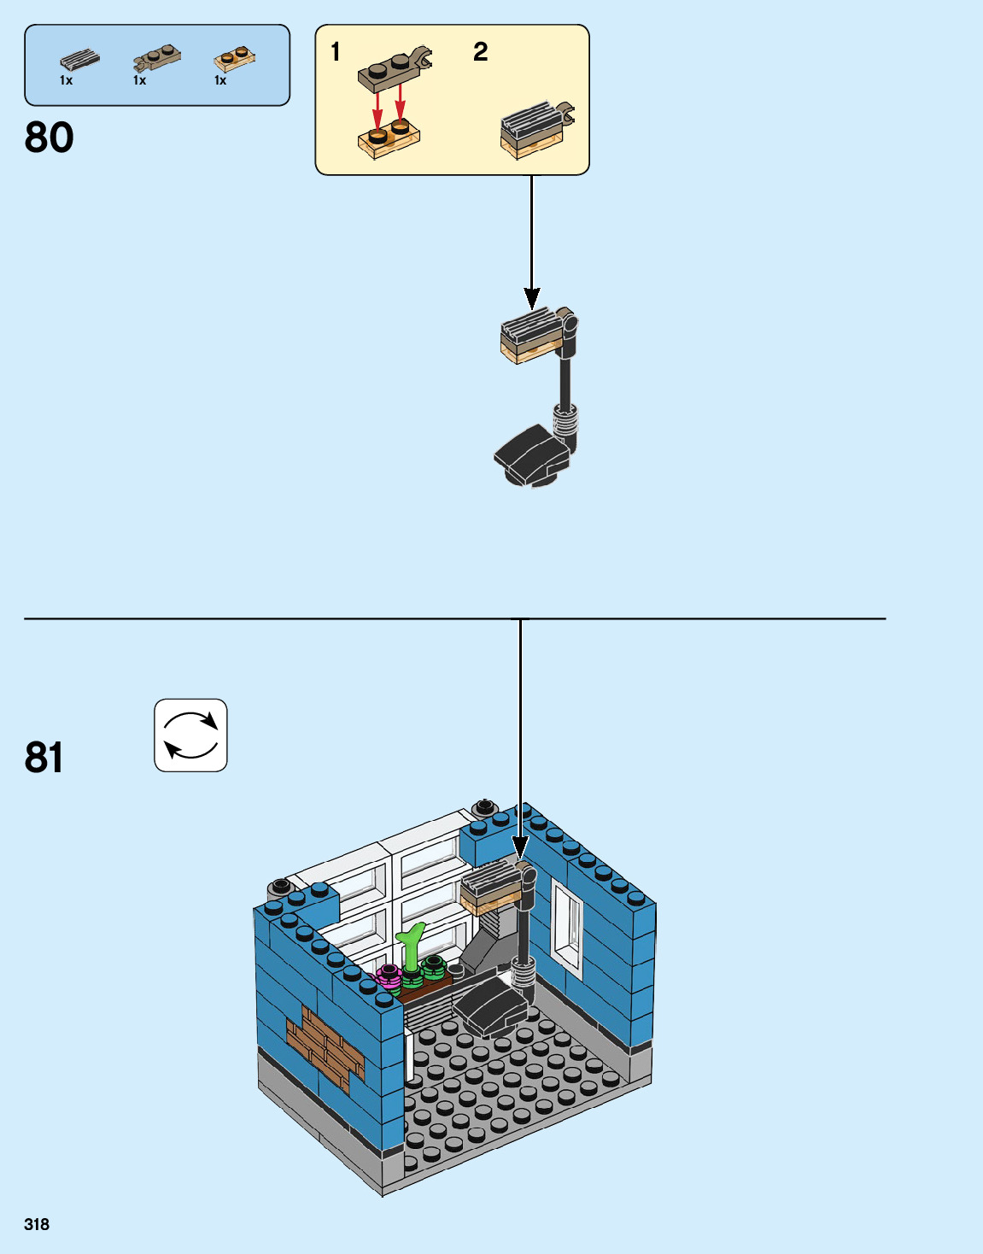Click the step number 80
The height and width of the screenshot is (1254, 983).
(x=50, y=138)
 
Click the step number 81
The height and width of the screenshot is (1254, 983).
(x=44, y=757)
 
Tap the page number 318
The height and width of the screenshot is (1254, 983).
(x=37, y=1224)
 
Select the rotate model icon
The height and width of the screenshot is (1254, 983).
(x=190, y=735)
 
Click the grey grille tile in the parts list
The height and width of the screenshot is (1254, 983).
(x=79, y=60)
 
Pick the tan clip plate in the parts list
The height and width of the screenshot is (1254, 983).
(x=156, y=59)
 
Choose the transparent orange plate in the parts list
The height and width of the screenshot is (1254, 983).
(x=234, y=59)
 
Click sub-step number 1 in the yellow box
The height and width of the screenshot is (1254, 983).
(x=336, y=52)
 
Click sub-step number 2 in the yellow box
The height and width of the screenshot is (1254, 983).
(x=481, y=52)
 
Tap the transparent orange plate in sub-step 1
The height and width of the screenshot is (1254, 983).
(x=389, y=139)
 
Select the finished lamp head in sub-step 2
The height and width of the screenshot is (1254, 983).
(x=534, y=129)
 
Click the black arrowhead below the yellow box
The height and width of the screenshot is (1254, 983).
(x=532, y=298)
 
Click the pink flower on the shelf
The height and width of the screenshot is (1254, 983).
(x=389, y=975)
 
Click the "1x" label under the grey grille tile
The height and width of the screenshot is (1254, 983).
(x=67, y=81)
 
